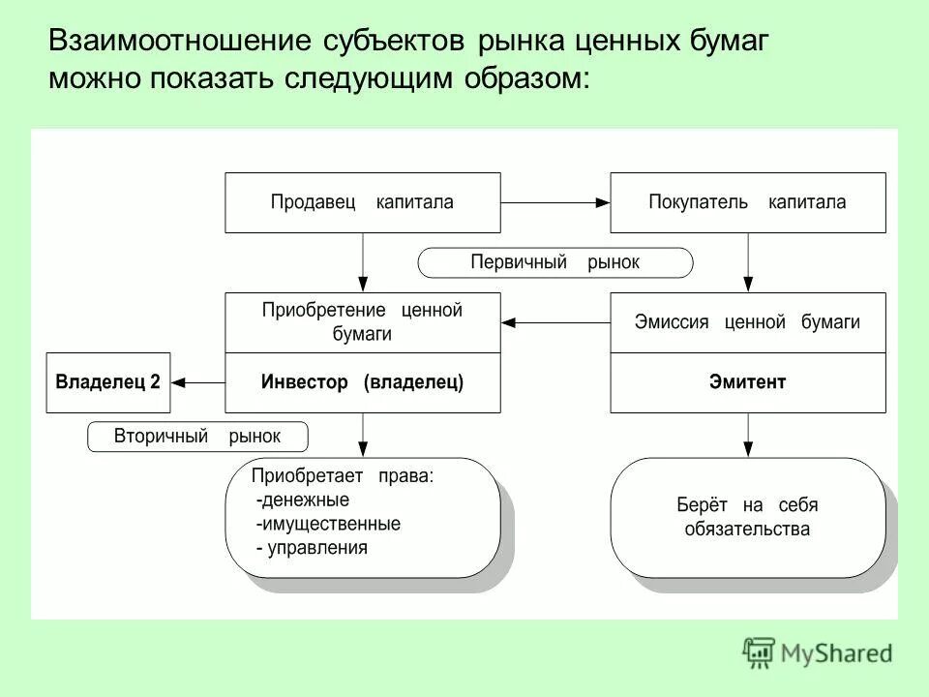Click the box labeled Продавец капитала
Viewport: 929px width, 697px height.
363,202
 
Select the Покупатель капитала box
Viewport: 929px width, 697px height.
747,202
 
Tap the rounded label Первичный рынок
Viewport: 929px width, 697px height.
555,262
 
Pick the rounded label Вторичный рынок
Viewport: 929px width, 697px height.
197,437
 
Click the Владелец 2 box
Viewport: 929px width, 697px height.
108,382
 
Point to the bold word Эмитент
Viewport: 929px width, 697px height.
747,382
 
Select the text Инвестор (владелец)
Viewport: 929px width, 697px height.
363,382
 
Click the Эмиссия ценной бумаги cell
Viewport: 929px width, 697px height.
747,322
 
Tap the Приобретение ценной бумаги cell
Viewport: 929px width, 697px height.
363,322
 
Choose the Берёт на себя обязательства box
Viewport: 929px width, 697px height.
747,517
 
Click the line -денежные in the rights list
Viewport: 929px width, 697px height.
303,500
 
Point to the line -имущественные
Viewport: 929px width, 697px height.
328,524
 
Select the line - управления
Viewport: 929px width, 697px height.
312,548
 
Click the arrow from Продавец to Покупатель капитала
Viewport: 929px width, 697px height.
555,202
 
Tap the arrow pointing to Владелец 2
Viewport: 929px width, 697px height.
197,382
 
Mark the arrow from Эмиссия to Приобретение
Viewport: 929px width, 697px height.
555,322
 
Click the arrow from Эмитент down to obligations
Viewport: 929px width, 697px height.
747,435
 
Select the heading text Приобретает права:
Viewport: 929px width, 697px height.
343,475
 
